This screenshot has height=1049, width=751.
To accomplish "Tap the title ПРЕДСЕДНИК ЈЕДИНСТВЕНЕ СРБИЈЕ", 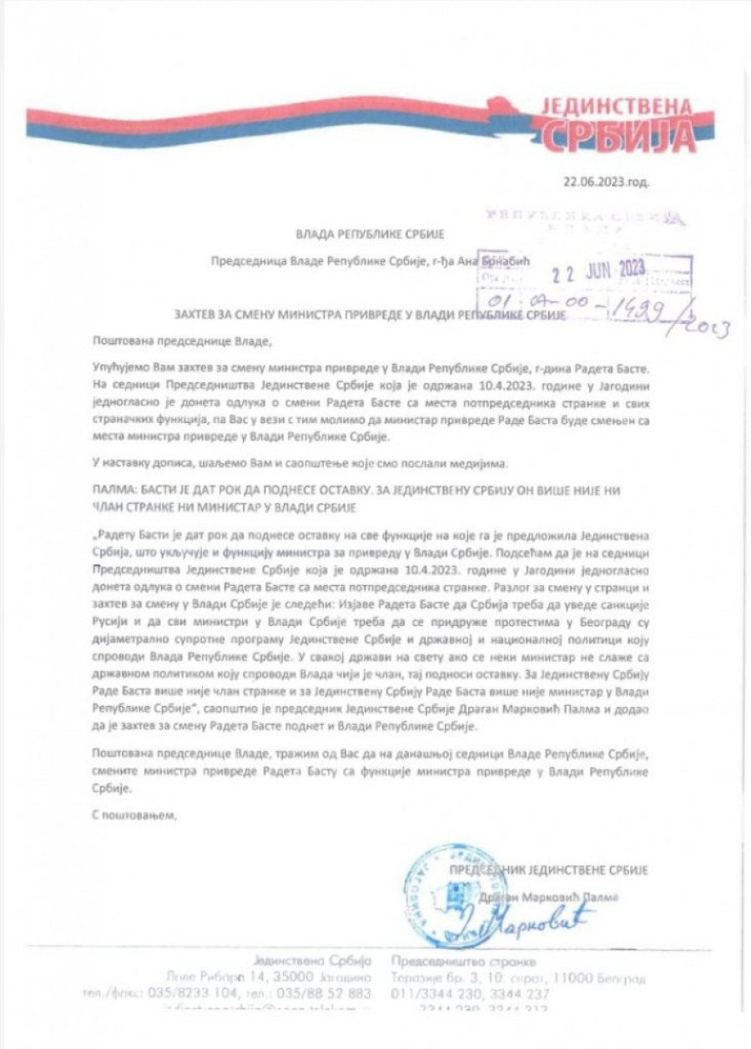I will point(549,870).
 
